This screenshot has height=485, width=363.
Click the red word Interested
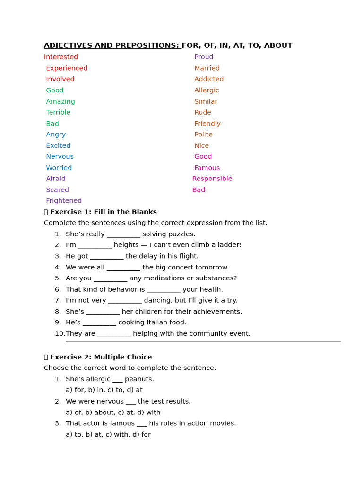coord(61,57)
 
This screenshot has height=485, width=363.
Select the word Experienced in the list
coord(67,68)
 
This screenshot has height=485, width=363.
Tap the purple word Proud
coord(204,57)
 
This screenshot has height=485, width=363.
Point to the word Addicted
coord(209,79)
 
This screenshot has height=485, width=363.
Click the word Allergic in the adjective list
coord(207,90)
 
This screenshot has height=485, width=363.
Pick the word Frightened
coord(64,201)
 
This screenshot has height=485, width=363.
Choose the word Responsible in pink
coord(212,179)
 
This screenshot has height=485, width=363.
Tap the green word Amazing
coord(60,101)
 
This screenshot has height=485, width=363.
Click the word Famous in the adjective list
coord(207,168)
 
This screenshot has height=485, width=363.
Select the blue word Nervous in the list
coord(60,156)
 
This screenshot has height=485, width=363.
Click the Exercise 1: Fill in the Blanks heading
coord(103,212)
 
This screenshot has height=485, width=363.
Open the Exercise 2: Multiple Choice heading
coord(101,357)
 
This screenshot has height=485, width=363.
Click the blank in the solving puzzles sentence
coord(123,234)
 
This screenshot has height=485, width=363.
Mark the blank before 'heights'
coord(95,245)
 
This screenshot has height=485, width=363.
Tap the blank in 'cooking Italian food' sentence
coord(99,323)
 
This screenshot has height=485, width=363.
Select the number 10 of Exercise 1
coord(60,333)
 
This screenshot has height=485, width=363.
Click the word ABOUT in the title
coord(278,45)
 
